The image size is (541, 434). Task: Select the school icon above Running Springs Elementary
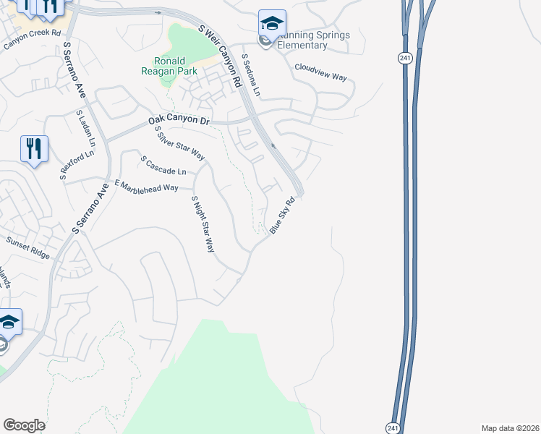tap(272, 24)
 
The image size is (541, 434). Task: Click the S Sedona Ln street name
tap(250, 76)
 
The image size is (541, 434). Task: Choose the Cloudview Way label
tap(320, 73)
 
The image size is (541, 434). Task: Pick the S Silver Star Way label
tap(180, 143)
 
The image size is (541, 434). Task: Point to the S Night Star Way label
tap(203, 224)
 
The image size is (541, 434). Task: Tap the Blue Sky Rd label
tap(284, 215)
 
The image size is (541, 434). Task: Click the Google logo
tap(24, 425)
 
